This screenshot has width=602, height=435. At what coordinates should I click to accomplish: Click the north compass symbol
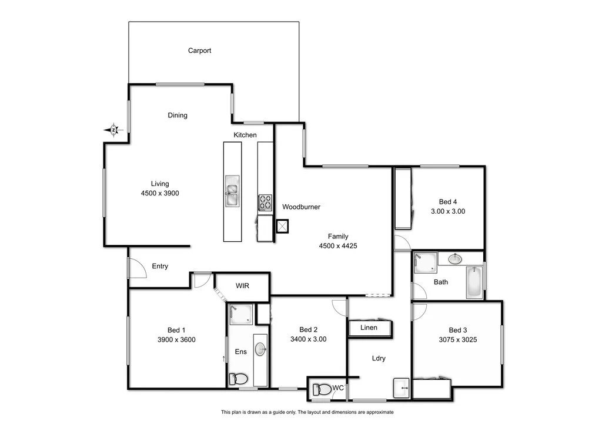point(113,130)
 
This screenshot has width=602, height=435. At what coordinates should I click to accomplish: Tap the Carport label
point(199,50)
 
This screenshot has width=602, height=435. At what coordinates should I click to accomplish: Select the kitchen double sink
point(232,192)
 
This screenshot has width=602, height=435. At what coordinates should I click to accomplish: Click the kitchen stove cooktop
point(265,203)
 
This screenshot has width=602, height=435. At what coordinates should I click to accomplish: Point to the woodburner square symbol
point(283,226)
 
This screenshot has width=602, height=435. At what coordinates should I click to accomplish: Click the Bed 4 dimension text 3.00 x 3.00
point(447,211)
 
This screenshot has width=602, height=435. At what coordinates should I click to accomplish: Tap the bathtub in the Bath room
point(474,282)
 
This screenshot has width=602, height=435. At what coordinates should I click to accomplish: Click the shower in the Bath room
point(425,263)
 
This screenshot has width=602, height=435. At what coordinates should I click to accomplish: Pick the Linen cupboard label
point(369,328)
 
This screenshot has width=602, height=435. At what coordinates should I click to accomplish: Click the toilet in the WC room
point(322,389)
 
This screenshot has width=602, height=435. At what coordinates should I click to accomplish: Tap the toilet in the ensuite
point(239,379)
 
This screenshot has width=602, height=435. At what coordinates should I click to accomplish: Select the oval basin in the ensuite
point(260,350)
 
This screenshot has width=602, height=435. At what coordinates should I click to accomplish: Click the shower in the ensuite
point(240,314)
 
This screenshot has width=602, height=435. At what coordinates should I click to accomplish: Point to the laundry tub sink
point(402,388)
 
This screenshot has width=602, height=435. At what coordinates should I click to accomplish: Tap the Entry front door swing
point(136,269)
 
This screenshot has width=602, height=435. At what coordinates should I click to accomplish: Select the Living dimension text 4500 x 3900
point(160,193)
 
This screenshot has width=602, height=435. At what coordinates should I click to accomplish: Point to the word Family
point(338,237)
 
